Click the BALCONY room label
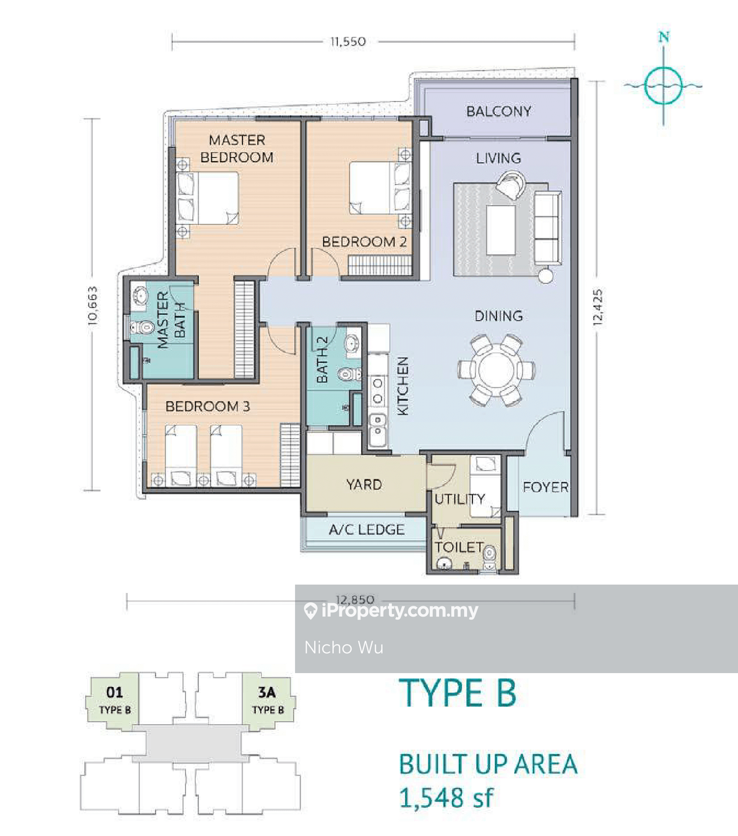pyautogui.click(x=498, y=111)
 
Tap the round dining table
pyautogui.click(x=496, y=370)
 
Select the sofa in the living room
pyautogui.click(x=548, y=228)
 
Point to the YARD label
pyautogui.click(x=364, y=484)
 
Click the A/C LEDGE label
pyautogui.click(x=366, y=529)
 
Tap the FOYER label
pyautogui.click(x=545, y=487)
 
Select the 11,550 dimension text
pyautogui.click(x=348, y=42)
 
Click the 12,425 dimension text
pyautogui.click(x=598, y=308)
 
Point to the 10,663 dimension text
pyautogui.click(x=92, y=305)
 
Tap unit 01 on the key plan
pyautogui.click(x=114, y=700)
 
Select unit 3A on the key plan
pyautogui.click(x=268, y=700)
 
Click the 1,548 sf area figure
pyautogui.click(x=446, y=798)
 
